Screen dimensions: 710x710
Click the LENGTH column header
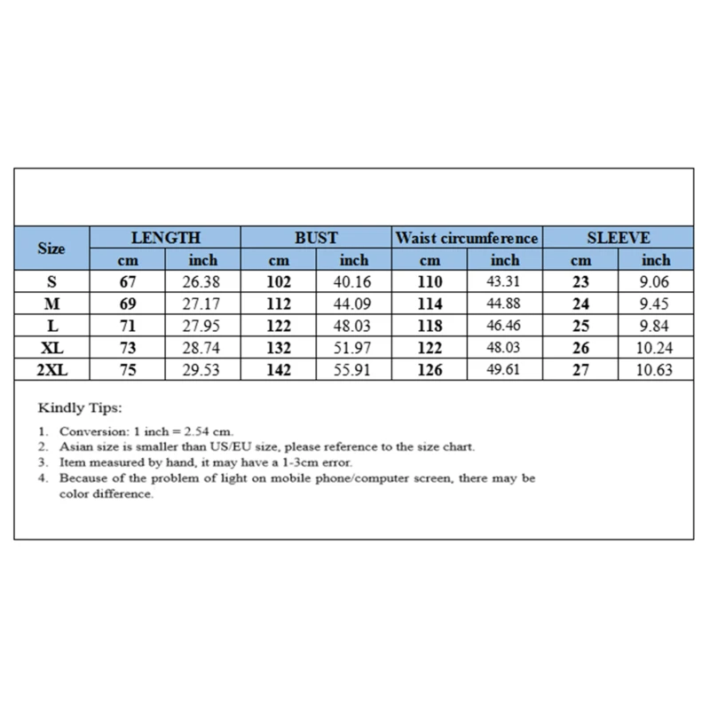pos(166,238)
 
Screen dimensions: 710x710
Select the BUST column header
pos(316,238)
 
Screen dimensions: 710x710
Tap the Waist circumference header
pos(467,238)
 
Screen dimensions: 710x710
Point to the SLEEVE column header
pos(619,238)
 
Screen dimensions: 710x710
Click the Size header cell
pos(51,249)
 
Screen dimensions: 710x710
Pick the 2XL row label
pos(51,370)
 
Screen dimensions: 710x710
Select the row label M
pos(51,304)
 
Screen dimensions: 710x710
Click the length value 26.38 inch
pos(203,283)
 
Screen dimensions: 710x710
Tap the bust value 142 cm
pos(279,370)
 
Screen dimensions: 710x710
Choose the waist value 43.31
pos(505,283)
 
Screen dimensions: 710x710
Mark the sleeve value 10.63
pos(656,370)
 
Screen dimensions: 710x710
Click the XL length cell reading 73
pos(128,348)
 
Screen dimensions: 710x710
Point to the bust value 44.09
pos(354,304)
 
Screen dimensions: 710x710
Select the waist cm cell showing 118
pos(430,327)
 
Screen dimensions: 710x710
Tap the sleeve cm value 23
pos(580,283)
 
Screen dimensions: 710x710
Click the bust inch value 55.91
pos(354,370)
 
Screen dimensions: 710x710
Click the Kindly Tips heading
pos(80,409)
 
